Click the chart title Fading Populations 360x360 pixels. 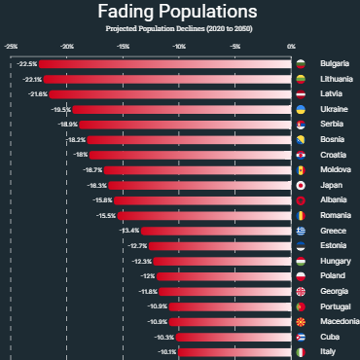179,13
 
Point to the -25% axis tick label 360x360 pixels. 11,46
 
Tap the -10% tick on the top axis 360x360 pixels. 179,46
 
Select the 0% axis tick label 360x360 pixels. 291,46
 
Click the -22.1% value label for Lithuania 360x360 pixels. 32,79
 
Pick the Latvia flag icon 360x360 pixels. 302,94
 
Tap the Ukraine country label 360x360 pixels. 334,109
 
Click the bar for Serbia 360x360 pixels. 185,125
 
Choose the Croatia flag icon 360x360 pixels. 302,155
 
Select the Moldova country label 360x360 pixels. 335,170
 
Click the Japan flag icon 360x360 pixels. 302,185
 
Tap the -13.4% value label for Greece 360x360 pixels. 129,231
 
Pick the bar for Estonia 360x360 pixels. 219,246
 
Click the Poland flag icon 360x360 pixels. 302,276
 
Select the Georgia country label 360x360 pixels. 335,291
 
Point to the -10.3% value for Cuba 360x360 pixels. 164,337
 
